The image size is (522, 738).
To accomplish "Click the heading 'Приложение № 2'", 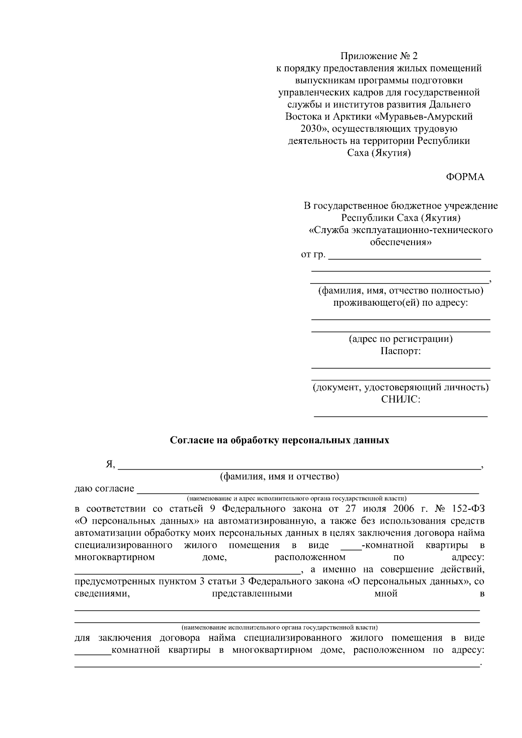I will pos(378,56).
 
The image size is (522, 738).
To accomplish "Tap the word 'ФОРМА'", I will pos(465,177).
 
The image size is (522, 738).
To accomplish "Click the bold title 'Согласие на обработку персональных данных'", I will pos(279,441).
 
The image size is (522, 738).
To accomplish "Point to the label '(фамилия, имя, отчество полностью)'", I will pos(401,291).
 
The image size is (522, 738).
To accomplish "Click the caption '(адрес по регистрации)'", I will pos(401,339).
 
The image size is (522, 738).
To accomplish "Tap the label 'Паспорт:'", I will pos(401,351).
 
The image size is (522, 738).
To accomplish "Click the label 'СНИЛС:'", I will pos(401,399).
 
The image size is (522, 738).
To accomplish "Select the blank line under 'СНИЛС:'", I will pos(401,416).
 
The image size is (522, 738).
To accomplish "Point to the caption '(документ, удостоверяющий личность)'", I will pos(401,387).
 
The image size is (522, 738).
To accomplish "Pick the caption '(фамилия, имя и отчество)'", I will pos(279,477).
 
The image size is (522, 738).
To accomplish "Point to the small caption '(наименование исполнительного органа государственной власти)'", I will pos(279,628).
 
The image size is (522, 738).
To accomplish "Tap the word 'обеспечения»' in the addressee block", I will pos(401,242).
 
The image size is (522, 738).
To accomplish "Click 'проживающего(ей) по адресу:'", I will pos(401,303).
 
